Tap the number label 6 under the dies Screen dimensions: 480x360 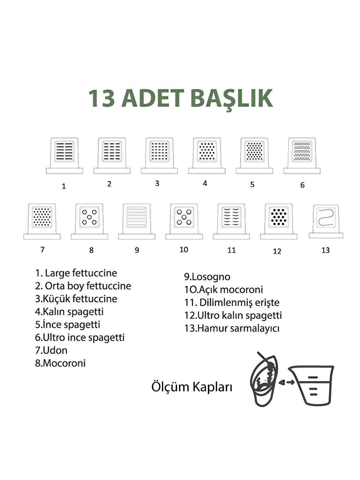pos(302,185)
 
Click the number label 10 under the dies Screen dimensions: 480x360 pos(184,250)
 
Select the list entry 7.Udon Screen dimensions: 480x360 pos(51,350)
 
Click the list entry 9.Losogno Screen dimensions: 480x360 pos(207,277)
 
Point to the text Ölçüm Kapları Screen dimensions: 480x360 pos(192,386)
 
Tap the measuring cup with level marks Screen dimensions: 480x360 pos(311,385)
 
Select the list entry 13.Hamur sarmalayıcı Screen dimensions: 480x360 pos(232,328)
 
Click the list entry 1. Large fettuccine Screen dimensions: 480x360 pos(76,273)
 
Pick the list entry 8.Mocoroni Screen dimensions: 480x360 pos(60,363)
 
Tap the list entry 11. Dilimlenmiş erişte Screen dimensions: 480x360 pos(232,302)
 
